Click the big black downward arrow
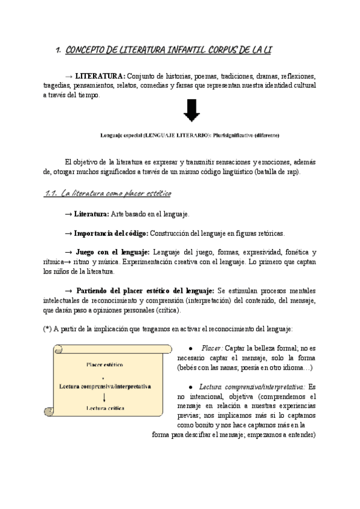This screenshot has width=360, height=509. pos(193,111)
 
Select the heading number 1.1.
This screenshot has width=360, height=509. pos(50,193)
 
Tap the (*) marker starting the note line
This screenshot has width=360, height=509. pos(47,328)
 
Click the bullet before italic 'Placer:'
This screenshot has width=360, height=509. pos(190,348)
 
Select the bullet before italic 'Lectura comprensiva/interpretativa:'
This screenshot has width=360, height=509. pos(190,387)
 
